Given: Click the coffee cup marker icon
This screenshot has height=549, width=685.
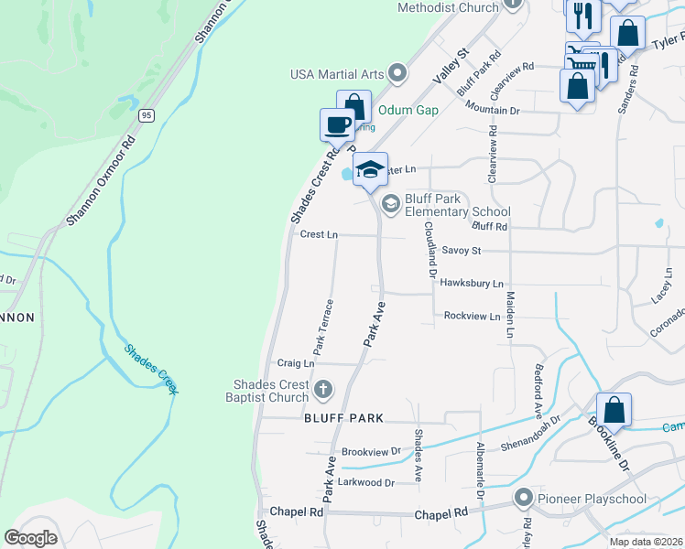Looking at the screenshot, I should [x=336, y=124].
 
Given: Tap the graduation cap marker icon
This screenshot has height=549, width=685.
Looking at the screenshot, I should [x=370, y=169].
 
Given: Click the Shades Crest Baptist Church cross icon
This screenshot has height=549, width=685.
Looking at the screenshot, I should [x=321, y=391].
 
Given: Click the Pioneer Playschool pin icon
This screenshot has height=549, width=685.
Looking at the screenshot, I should [x=524, y=499].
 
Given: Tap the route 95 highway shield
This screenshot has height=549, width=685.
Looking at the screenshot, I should [x=147, y=115].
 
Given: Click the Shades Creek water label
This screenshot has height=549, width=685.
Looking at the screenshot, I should [x=151, y=368].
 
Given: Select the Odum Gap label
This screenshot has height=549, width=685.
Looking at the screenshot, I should [x=408, y=110].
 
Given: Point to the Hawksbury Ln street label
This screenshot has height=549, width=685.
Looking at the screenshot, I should [x=472, y=284].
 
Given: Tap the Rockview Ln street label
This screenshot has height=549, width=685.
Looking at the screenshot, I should [x=472, y=316].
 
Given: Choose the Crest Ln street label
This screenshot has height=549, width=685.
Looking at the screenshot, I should [x=319, y=235].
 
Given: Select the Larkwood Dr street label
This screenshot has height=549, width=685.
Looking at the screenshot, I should [x=367, y=482].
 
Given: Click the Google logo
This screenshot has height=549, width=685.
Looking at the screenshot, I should [x=30, y=538].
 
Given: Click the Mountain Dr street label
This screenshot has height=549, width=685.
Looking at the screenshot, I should [x=492, y=109].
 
